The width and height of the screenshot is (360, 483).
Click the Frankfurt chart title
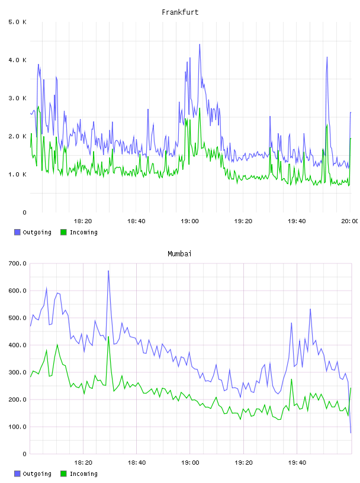pos(180,12)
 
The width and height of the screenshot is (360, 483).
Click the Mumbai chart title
pos(179,254)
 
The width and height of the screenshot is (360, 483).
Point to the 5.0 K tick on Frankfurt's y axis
pos(17,22)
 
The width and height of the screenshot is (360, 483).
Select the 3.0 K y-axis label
pos(17,98)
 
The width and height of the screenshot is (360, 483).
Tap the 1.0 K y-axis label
pos(17,175)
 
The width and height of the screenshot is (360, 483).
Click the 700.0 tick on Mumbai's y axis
pos(17,263)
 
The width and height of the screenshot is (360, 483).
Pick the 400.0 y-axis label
pos(17,345)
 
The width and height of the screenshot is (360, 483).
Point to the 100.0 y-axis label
pos(17,427)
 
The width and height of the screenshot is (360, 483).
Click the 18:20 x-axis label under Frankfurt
pos(83,221)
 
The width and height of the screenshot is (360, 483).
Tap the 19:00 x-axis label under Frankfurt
pos(190,221)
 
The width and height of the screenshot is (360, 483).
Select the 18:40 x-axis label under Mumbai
pos(137,463)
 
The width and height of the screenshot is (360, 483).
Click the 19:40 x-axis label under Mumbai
pos(297,463)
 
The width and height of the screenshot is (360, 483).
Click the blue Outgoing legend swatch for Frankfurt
pos(17,232)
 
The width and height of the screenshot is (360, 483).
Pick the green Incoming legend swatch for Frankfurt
pos(63,232)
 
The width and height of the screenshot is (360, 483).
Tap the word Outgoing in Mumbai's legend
pos(37,474)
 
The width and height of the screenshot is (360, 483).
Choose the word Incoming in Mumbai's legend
pos(83,474)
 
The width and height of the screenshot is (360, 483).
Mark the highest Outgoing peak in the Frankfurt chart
pos(200,44)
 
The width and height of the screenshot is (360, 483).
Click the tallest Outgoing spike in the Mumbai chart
pos(108,271)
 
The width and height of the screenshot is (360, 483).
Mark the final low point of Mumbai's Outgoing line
pos(351,433)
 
